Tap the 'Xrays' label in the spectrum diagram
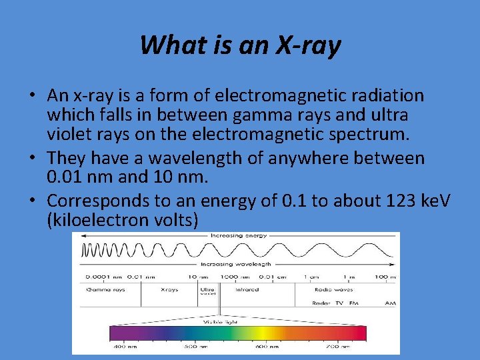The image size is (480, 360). pyautogui.click(x=169, y=290)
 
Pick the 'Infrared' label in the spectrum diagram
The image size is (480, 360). pyautogui.click(x=247, y=290)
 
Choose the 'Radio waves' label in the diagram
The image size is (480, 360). pyautogui.click(x=333, y=290)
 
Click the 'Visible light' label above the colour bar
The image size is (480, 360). pyautogui.click(x=221, y=321)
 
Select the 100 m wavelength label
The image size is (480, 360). pyautogui.click(x=385, y=277)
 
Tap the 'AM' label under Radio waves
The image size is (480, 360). pyautogui.click(x=389, y=303)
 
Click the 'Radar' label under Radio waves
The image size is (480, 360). pyautogui.click(x=322, y=303)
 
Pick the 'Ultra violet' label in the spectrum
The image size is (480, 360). pyautogui.click(x=207, y=292)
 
